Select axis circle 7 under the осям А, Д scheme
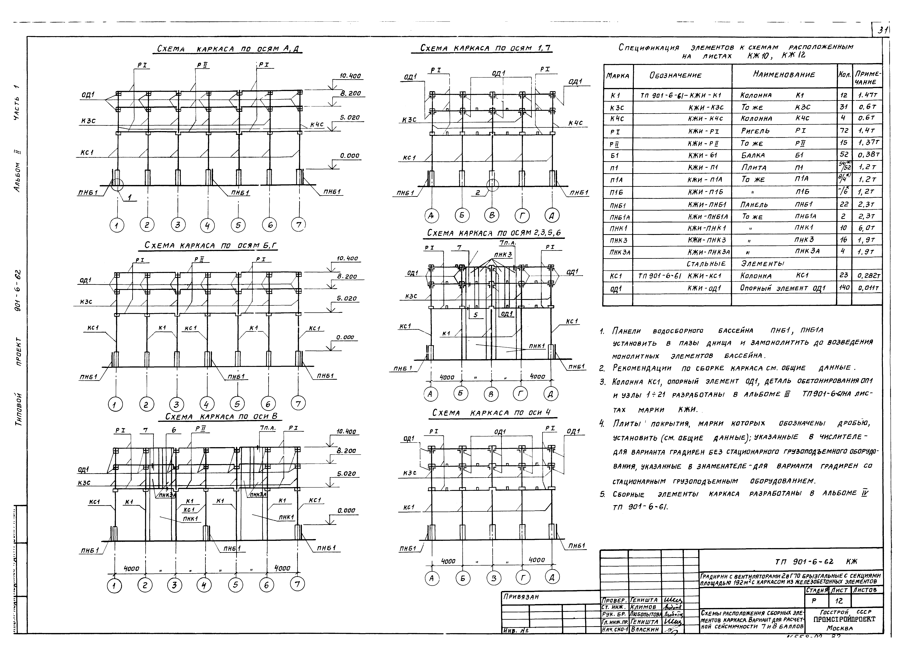point(298,225)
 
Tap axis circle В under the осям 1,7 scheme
point(492,216)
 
